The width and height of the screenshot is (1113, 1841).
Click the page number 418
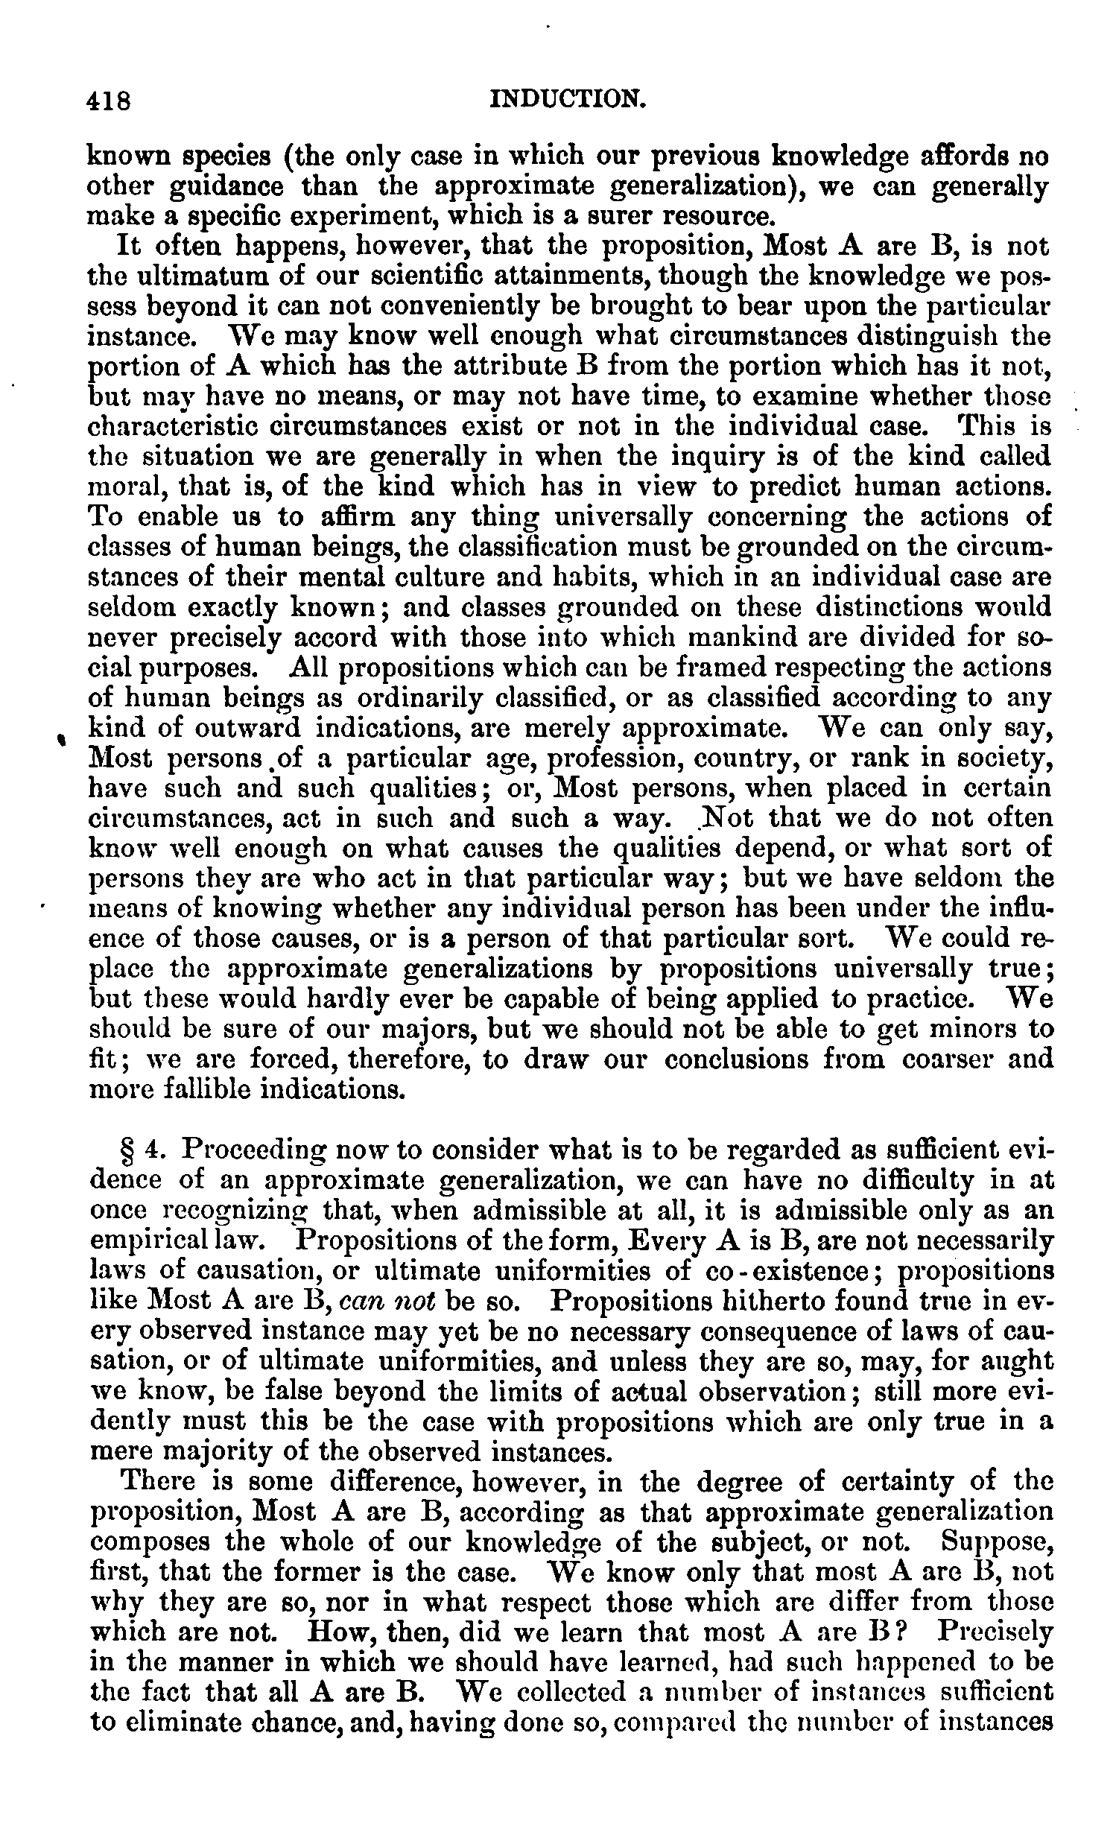click(x=110, y=100)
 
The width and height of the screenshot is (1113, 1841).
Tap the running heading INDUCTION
click(x=567, y=98)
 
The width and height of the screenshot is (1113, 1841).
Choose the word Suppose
click(x=997, y=1542)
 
